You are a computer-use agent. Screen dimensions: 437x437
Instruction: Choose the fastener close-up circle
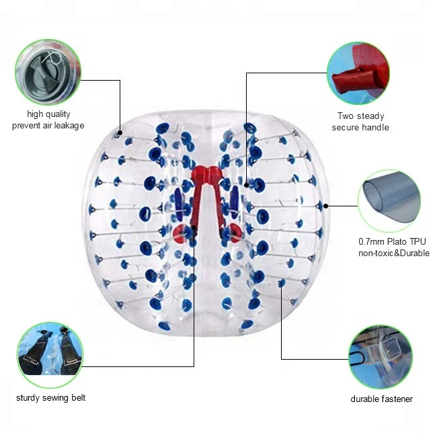click(x=381, y=357)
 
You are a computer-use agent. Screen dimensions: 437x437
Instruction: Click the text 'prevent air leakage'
click(x=48, y=126)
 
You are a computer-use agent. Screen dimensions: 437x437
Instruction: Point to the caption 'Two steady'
click(x=360, y=116)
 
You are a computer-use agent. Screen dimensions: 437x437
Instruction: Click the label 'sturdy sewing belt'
click(x=51, y=397)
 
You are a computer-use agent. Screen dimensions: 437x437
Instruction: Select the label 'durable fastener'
click(x=381, y=399)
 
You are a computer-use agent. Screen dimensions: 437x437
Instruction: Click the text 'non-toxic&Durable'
click(x=393, y=253)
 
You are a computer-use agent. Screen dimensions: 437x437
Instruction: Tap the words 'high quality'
click(x=48, y=114)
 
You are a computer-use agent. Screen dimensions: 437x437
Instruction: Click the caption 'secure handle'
click(x=360, y=127)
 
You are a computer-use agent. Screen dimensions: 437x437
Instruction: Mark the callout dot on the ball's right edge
click(x=327, y=205)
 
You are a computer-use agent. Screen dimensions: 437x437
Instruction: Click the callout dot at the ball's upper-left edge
click(x=121, y=132)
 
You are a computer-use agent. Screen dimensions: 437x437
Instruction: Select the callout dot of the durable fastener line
click(x=281, y=286)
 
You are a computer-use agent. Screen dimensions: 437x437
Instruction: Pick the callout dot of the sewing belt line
click(x=194, y=229)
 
